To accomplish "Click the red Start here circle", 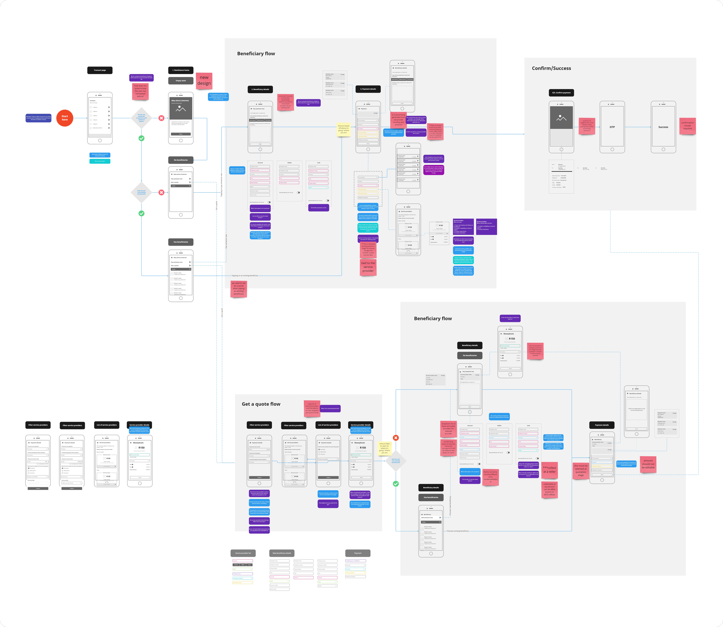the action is click(65, 118).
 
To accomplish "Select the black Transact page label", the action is click(100, 70).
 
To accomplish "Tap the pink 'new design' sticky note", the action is click(204, 80).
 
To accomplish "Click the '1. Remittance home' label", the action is click(180, 70).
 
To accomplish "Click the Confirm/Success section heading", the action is click(551, 68).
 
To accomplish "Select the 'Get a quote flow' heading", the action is click(261, 404).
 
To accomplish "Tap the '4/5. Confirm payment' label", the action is click(561, 93).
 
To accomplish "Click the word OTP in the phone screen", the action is click(612, 127).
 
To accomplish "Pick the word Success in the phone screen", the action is click(663, 127).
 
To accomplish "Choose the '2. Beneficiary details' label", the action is click(260, 90).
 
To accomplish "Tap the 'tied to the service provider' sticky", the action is click(368, 267).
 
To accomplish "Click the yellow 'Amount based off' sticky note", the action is click(344, 129).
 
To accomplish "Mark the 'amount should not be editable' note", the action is click(648, 464).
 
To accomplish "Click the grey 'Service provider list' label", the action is click(243, 553).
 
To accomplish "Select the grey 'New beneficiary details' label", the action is click(282, 553).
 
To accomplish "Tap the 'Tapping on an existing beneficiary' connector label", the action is click(245, 276).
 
